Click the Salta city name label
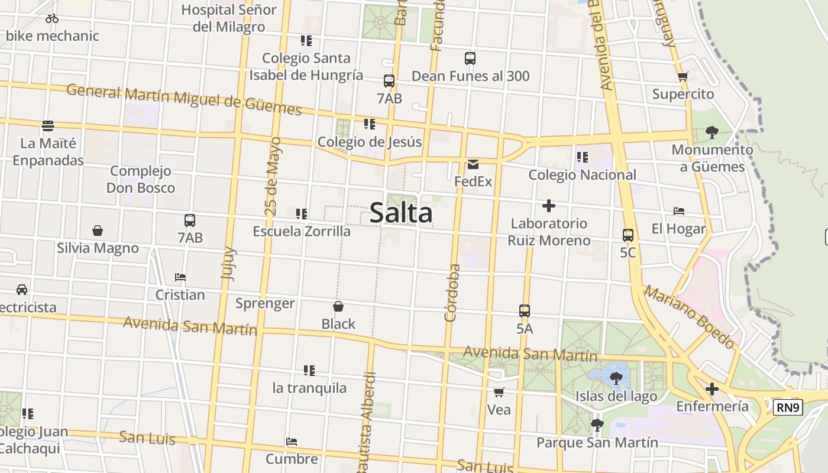[401, 213]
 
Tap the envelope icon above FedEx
[473, 164]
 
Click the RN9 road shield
[788, 407]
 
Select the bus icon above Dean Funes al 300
[470, 59]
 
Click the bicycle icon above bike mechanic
[52, 18]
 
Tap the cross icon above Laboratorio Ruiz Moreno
[549, 206]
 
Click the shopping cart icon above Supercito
[683, 76]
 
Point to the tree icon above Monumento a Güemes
[712, 132]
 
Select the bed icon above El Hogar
[679, 211]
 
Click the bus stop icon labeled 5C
[628, 235]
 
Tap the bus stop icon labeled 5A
[525, 310]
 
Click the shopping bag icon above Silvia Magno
[98, 230]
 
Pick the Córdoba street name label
[452, 293]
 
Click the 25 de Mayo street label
[272, 176]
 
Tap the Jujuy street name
[228, 263]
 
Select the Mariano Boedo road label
[690, 317]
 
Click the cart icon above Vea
[499, 392]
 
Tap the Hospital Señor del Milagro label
[229, 18]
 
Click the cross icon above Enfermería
[712, 389]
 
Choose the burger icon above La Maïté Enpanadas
[48, 125]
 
